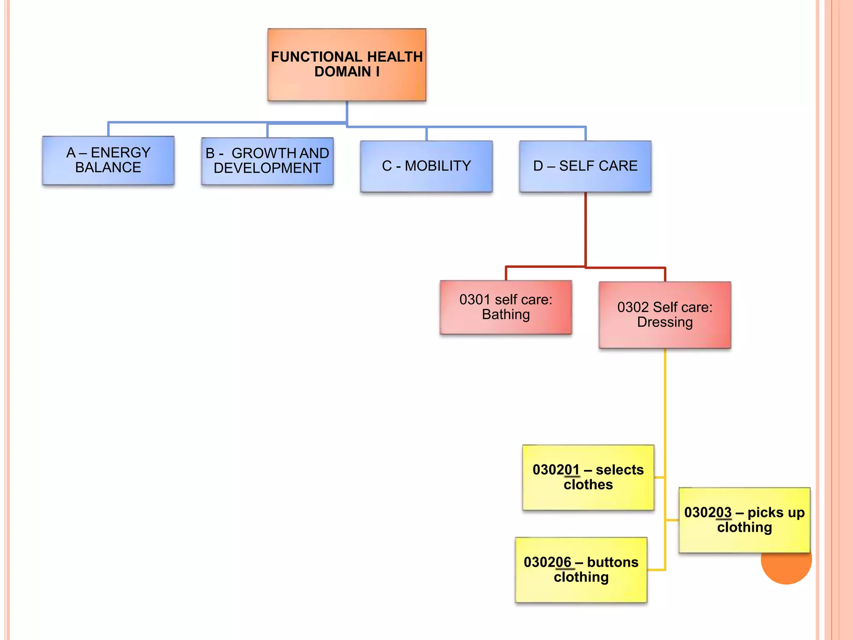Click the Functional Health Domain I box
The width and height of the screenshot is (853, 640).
[347, 65]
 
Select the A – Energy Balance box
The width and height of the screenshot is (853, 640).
[108, 160]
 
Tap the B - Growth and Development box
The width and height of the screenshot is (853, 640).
[267, 161]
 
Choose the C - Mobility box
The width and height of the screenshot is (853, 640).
[426, 166]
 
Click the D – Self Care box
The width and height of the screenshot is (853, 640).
[585, 166]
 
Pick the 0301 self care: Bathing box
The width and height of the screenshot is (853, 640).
[506, 307]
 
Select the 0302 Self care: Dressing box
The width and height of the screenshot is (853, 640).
[665, 315]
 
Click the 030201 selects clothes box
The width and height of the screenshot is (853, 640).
[588, 477]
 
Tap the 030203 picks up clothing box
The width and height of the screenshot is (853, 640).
[744, 520]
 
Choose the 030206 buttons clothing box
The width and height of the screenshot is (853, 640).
[581, 570]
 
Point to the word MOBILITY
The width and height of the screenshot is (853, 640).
[438, 166]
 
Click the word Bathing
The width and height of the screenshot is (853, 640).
[506, 315]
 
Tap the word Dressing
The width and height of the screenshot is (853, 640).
[665, 322]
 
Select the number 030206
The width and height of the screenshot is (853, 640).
[547, 562]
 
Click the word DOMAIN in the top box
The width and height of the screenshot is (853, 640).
[342, 72]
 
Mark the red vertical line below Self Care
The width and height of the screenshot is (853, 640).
[585, 229]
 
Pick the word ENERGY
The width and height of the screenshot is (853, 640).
[120, 152]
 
